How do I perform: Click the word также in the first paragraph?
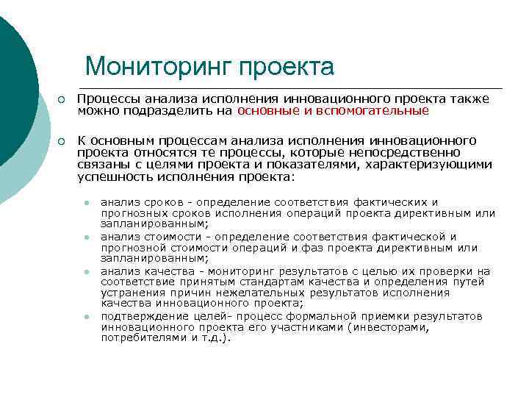pyautogui.click(x=468, y=99)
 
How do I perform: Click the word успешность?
pyautogui.click(x=112, y=177)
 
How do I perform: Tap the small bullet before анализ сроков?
pyautogui.click(x=86, y=203)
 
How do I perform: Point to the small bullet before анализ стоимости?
pyautogui.click(x=86, y=237)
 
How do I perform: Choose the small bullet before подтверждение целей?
pyautogui.click(x=86, y=317)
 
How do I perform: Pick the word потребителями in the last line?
pyautogui.click(x=139, y=338)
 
